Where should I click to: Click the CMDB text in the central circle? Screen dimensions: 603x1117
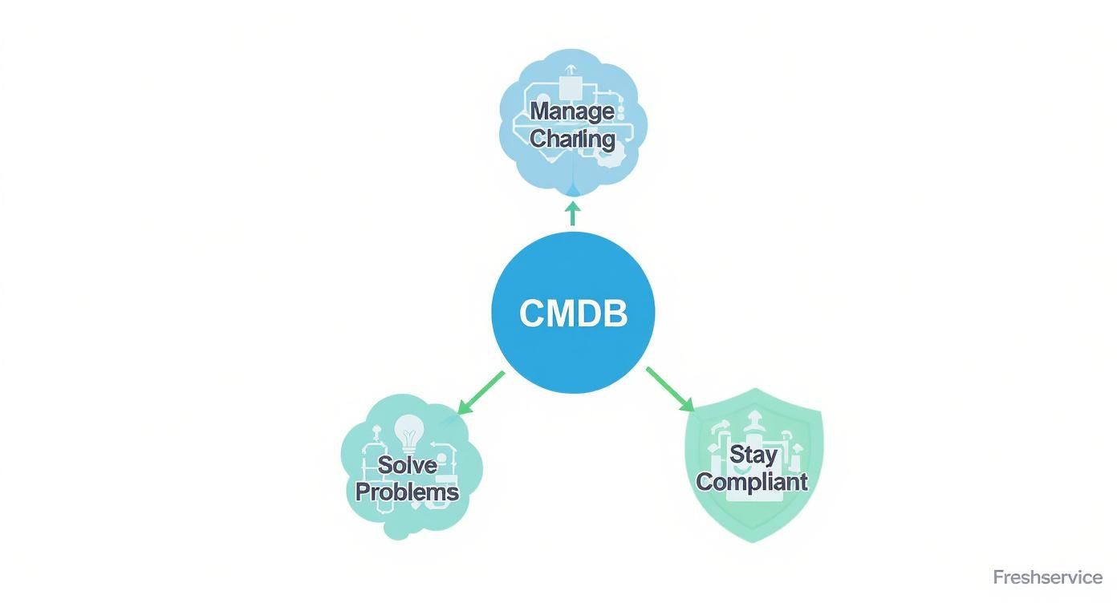pos(573,313)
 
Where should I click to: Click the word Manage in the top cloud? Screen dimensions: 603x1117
pos(572,111)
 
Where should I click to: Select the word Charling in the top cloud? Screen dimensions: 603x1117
pos(572,139)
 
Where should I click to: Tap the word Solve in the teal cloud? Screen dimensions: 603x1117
pos(407,464)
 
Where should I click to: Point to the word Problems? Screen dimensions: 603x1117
pos(407,491)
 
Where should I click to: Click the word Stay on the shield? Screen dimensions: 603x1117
pos(753,455)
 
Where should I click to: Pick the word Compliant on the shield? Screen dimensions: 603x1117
pos(751,481)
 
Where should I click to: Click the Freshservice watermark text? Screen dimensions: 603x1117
pos(1047,577)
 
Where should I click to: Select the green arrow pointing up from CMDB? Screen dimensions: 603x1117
pos(572,212)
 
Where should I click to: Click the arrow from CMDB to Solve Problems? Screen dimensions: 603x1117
pos(480,393)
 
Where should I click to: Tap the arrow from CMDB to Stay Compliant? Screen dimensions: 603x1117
pos(669,390)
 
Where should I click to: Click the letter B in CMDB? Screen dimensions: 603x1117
pos(615,313)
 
